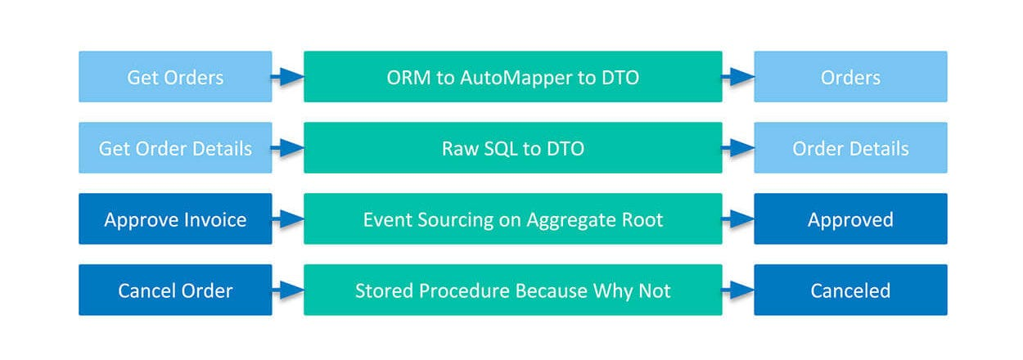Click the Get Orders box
(175, 76)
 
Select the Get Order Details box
(175, 147)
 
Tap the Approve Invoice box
(175, 218)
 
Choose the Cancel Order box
(175, 290)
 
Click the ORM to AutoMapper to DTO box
(513, 76)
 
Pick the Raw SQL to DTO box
(513, 147)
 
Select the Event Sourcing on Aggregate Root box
(513, 218)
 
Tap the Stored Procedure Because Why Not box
(513, 290)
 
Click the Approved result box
(850, 218)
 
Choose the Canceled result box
(850, 290)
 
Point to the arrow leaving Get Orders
(288, 77)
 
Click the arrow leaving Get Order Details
(288, 147)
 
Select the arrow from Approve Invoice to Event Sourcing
(288, 218)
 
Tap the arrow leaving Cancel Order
(288, 290)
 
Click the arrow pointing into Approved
(738, 218)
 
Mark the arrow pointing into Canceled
(738, 290)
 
